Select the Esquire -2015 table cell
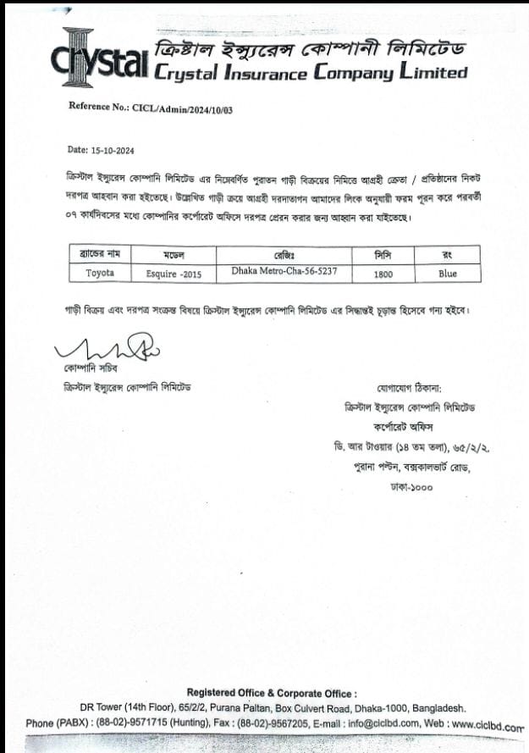coord(179,274)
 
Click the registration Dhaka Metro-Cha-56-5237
coord(284,272)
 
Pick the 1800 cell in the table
coord(383,274)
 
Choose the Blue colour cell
coord(448,274)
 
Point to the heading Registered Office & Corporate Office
coord(272,693)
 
